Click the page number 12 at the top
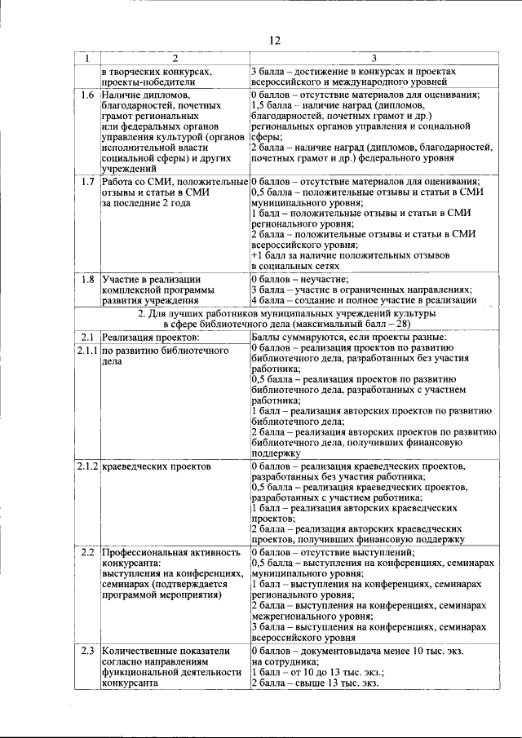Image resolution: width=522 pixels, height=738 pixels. pos(274,41)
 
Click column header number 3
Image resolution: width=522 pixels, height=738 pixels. pos(374,58)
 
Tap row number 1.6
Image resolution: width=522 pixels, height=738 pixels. pos(87,95)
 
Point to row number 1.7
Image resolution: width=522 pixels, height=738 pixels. pos(87,181)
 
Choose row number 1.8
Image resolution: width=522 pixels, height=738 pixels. pos(87,280)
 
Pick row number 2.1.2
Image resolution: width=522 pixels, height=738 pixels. pos(87,466)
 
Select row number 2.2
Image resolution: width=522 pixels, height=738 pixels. pos(87,552)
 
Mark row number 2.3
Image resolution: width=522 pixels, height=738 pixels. pos(87,651)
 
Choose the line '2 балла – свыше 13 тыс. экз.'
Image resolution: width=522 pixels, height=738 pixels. pos(315,683)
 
